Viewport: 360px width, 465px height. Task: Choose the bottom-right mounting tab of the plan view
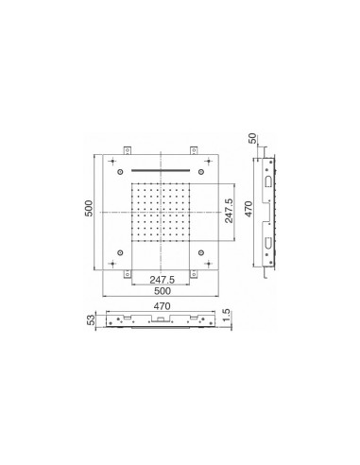pyautogui.click(x=194, y=274)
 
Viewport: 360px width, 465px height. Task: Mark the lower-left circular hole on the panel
pyautogui.click(x=120, y=252)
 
